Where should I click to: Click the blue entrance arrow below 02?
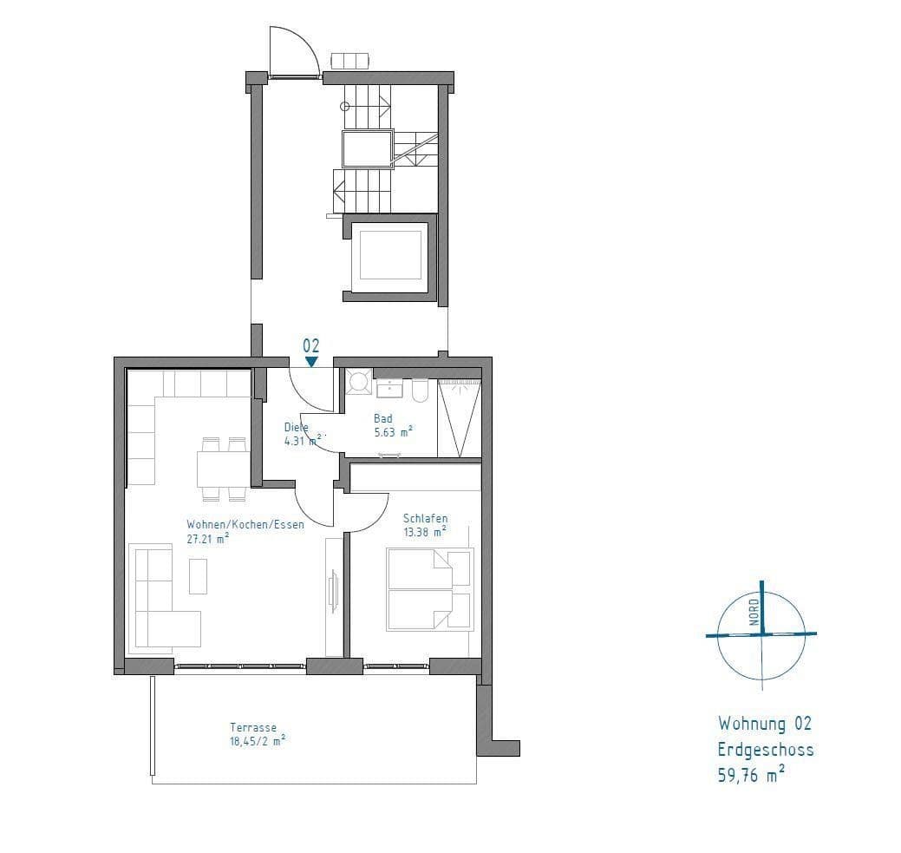pos(311,362)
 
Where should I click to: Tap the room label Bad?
pos(382,418)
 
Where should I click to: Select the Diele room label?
pos(296,427)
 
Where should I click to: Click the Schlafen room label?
pos(425,518)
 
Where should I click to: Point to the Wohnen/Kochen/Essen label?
pos(245,524)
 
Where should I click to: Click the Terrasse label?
pos(253,728)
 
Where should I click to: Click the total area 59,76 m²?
pos(751,775)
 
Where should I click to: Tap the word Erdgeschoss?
pos(765,750)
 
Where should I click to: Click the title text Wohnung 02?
pos(764,723)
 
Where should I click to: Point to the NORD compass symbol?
pos(761,633)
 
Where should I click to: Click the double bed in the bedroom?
pos(430,589)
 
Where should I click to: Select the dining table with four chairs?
pos(223,469)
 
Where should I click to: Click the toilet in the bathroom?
pos(420,391)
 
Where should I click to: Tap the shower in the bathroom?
pos(459,417)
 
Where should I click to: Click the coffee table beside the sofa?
pos(199,576)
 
